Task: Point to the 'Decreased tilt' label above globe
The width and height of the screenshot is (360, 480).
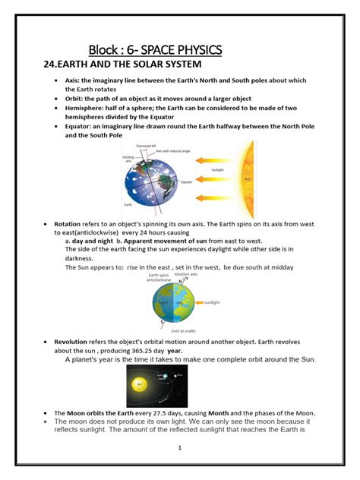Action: click(146, 146)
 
